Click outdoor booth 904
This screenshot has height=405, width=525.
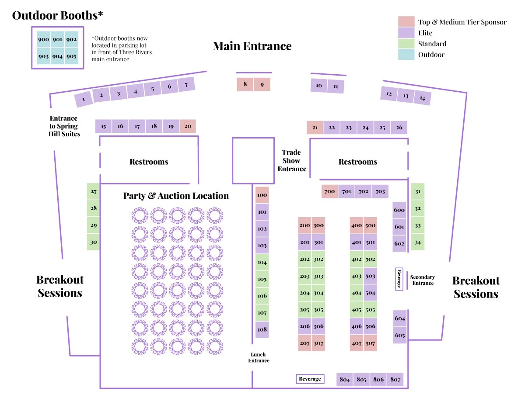coord(57,56)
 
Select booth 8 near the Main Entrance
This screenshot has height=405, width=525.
coord(245,84)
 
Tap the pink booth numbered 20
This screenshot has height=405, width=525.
coord(188,126)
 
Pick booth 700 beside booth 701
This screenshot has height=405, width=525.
coord(329,191)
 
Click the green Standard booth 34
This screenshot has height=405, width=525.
coord(418,242)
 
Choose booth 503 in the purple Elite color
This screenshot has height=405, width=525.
coord(371,276)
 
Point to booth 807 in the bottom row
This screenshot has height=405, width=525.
coord(395,380)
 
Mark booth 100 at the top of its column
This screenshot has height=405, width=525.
coord(262,195)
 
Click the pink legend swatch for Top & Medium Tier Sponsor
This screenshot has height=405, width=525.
coord(406,22)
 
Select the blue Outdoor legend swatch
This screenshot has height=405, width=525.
coord(406,55)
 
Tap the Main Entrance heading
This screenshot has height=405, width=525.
coord(252,46)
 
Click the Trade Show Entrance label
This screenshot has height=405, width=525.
coord(292,160)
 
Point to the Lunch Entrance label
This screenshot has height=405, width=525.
coord(259,357)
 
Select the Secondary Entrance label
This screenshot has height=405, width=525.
coord(423,280)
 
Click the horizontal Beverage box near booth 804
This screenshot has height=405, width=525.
coord(310,379)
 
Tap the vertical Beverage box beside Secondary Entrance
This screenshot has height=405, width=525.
coord(399,279)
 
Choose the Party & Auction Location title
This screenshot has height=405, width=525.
coord(176,196)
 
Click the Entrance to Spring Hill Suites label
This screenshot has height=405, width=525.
coord(64,126)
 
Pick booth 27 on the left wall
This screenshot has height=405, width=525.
coord(94,191)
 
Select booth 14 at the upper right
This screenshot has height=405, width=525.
coord(422,98)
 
